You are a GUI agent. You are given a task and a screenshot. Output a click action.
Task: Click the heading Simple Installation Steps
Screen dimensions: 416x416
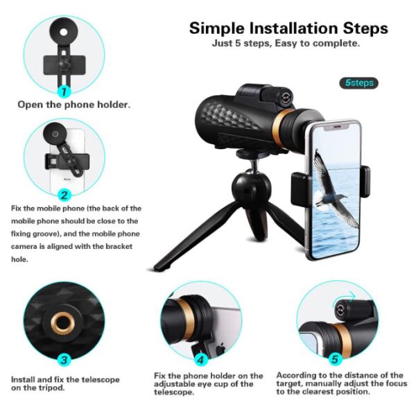click(x=288, y=29)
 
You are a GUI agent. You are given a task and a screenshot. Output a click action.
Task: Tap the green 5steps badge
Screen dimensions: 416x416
click(x=360, y=83)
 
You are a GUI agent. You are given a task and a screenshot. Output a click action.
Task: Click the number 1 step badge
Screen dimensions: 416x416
click(x=64, y=91)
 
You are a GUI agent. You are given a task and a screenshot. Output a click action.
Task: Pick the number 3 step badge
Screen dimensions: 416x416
click(x=64, y=360)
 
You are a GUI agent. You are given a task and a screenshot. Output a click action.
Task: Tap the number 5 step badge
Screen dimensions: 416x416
click(x=336, y=360)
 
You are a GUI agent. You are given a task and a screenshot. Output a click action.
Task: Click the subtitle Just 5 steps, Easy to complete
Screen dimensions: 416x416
click(x=286, y=44)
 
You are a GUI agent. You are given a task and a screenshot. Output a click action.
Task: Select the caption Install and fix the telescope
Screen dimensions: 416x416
click(x=64, y=379)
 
